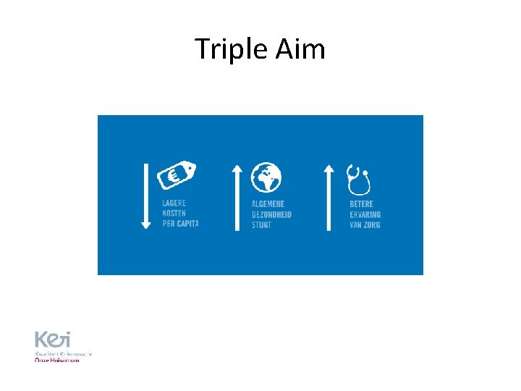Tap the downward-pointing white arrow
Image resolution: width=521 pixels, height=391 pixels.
coord(146,196)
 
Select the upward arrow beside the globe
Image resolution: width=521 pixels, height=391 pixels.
coord(237,196)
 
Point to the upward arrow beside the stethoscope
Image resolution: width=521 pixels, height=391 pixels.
coord(329,196)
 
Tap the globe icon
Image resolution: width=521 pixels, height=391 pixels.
coord(266,177)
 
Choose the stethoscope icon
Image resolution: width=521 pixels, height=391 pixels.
coord(357,180)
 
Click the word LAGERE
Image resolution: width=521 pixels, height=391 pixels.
coord(174,203)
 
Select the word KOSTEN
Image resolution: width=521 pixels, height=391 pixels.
coord(174,214)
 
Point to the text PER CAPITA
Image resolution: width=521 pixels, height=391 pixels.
coord(180,224)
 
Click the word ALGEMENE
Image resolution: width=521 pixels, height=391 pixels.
coord(269,204)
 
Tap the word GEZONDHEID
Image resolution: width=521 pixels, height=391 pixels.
coord(271,214)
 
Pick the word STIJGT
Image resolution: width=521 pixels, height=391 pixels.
coord(262,224)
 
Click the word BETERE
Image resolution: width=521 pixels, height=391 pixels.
coord(362,204)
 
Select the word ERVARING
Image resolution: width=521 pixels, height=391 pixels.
coord(365,214)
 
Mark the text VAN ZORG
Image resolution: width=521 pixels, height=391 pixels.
coord(365,224)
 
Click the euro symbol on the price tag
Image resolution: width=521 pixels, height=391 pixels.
coord(175,175)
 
